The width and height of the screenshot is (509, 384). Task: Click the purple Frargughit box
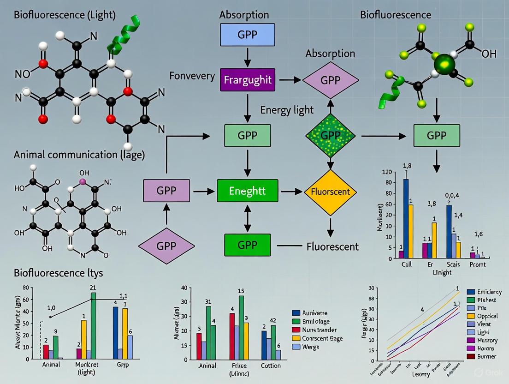(x=248, y=80)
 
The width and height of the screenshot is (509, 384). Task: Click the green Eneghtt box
(x=248, y=191)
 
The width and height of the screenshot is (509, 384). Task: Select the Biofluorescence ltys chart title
(x=59, y=273)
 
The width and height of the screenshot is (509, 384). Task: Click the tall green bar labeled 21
(x=93, y=325)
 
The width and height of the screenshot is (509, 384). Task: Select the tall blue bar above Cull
(x=406, y=218)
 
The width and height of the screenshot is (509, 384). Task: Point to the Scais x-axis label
(x=453, y=265)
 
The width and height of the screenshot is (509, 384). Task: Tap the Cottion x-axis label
(x=271, y=366)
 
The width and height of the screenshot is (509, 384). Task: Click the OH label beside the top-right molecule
(x=489, y=54)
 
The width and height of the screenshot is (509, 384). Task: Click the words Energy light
(x=287, y=110)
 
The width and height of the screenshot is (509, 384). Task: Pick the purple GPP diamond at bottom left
(x=166, y=245)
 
